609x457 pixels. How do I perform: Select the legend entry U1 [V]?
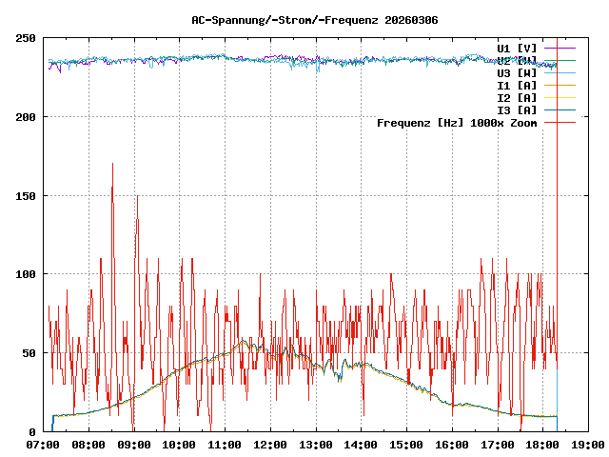[517, 48]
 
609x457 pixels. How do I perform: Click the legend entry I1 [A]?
[517, 85]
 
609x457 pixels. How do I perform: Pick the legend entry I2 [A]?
[517, 97]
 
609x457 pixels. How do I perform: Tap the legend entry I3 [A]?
[517, 109]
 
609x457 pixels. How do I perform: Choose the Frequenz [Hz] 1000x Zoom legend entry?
[457, 122]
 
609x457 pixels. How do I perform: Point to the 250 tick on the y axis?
[26, 38]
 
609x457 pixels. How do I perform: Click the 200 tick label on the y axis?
[26, 117]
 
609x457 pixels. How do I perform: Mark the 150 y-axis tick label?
[26, 195]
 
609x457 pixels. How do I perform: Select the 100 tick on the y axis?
[26, 274]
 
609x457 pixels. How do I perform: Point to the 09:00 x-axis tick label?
[134, 444]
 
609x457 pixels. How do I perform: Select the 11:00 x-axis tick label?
[225, 444]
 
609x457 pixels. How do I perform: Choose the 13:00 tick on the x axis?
[315, 444]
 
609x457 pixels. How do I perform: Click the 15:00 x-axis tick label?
[406, 444]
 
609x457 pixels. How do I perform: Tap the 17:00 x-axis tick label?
[497, 444]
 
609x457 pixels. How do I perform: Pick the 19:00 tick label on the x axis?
[587, 444]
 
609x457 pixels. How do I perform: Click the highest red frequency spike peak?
[112, 164]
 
